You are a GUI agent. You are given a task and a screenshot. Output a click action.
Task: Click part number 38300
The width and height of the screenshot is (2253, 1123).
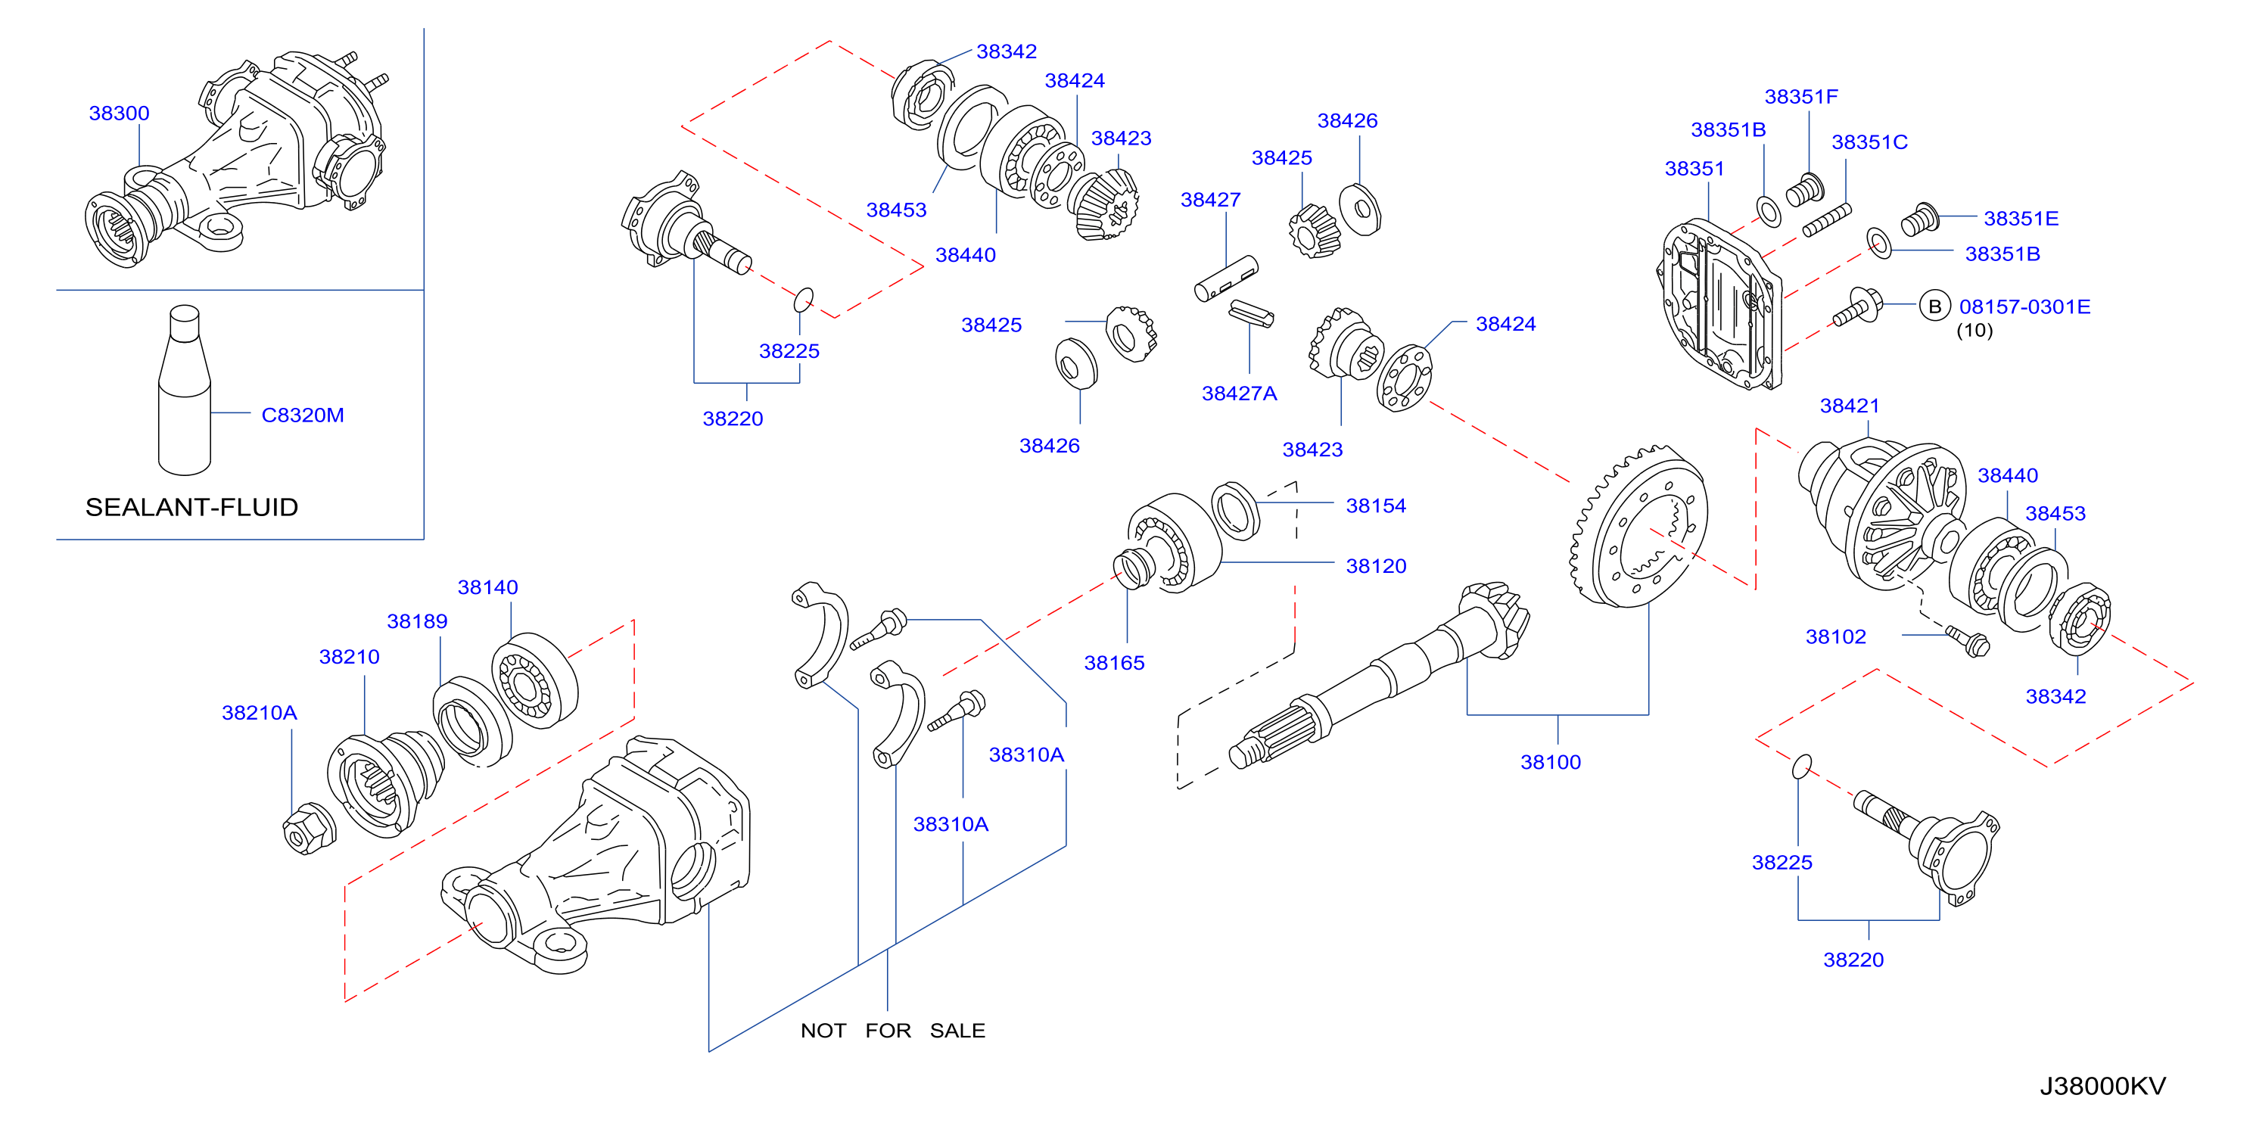tap(119, 113)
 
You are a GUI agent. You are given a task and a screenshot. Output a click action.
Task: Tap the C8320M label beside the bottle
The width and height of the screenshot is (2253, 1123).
tap(303, 415)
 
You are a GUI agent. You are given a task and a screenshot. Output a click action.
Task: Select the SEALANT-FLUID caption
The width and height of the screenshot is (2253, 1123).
tap(191, 507)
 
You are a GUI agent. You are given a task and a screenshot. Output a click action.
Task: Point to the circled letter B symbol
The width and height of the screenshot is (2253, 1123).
tap(1934, 306)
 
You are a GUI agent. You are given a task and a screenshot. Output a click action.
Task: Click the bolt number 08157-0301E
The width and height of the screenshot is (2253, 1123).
tap(2024, 306)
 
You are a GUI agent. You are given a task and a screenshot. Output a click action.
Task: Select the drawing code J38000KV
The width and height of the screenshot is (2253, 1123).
tap(2102, 1086)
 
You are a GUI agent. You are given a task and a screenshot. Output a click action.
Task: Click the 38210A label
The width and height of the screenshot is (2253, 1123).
tap(259, 713)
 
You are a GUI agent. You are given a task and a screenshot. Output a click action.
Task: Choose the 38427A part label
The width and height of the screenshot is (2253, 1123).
tap(1240, 394)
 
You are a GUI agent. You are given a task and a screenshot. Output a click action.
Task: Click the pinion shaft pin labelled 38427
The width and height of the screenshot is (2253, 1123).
tap(1226, 278)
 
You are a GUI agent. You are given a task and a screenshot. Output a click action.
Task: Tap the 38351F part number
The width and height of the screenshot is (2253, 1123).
tap(1801, 96)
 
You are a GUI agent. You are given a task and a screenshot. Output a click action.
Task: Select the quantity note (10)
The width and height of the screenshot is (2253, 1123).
tap(1974, 331)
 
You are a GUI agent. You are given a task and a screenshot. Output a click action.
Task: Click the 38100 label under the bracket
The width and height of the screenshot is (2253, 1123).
tap(1551, 762)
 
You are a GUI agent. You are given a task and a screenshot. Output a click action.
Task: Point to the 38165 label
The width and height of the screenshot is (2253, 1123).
tap(1114, 663)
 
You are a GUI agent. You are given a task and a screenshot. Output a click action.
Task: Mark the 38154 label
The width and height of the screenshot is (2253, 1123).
tap(1376, 506)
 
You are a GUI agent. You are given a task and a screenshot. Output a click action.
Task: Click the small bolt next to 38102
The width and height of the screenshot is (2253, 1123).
tap(1968, 640)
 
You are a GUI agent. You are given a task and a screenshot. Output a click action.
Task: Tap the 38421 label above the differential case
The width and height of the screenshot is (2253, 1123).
tap(1850, 406)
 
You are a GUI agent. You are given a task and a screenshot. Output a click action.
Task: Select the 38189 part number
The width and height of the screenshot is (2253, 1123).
tap(417, 621)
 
